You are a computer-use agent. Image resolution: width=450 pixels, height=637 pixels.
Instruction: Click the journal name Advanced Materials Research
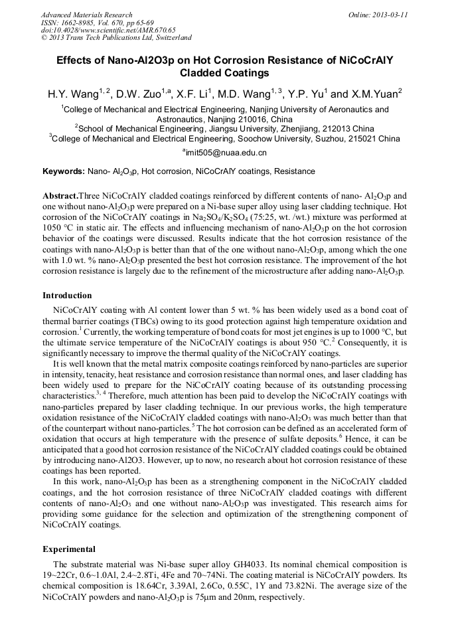tap(86, 15)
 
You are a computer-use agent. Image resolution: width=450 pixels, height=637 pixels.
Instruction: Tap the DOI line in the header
tap(108, 30)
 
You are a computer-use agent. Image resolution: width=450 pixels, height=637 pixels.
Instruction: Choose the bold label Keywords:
tap(64, 171)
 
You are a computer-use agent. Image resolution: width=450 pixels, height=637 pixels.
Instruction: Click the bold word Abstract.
tap(60, 196)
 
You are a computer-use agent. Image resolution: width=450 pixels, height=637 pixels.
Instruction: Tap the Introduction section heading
tap(67, 295)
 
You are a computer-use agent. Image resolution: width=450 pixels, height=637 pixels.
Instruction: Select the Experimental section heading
tap(69, 549)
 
